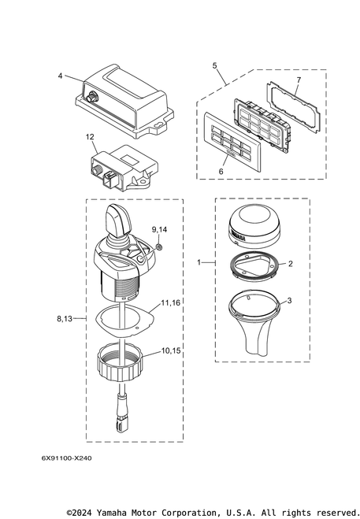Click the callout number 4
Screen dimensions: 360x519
point(60,76)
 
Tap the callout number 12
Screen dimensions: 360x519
point(90,137)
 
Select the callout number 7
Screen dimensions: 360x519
point(299,80)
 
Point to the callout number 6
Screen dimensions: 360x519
point(221,171)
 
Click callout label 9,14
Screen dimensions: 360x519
point(159,229)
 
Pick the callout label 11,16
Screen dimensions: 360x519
point(171,302)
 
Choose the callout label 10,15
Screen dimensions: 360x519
point(171,350)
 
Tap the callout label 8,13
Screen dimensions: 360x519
point(65,318)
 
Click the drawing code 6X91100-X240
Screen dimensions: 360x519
point(67,458)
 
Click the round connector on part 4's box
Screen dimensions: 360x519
point(91,98)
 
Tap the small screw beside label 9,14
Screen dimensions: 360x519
point(159,247)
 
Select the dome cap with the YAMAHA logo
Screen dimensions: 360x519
point(254,226)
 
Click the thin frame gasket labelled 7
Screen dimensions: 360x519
point(293,108)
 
